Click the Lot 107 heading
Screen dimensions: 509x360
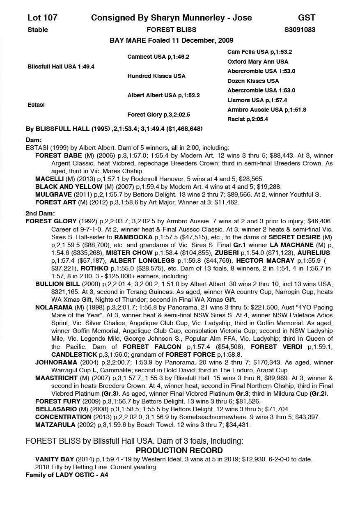click(x=42, y=18)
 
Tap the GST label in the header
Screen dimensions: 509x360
click(x=307, y=18)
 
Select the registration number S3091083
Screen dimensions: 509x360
click(x=300, y=30)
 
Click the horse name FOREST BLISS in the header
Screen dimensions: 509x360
click(x=171, y=30)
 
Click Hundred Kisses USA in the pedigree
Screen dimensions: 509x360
click(x=156, y=76)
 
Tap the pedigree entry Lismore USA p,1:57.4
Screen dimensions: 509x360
click(x=257, y=100)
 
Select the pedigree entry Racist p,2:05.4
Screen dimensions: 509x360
click(x=248, y=119)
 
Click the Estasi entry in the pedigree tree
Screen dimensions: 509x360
click(x=36, y=105)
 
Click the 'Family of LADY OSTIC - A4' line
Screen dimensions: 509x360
click(x=67, y=475)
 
